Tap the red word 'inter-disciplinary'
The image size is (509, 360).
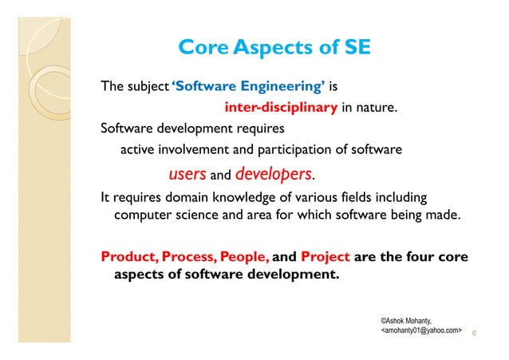(281, 108)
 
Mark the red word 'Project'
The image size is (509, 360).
(325, 257)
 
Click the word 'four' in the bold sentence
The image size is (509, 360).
(423, 257)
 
